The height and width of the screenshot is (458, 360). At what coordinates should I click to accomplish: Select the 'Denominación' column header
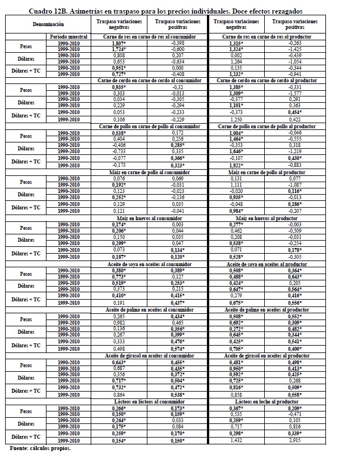point(48,25)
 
